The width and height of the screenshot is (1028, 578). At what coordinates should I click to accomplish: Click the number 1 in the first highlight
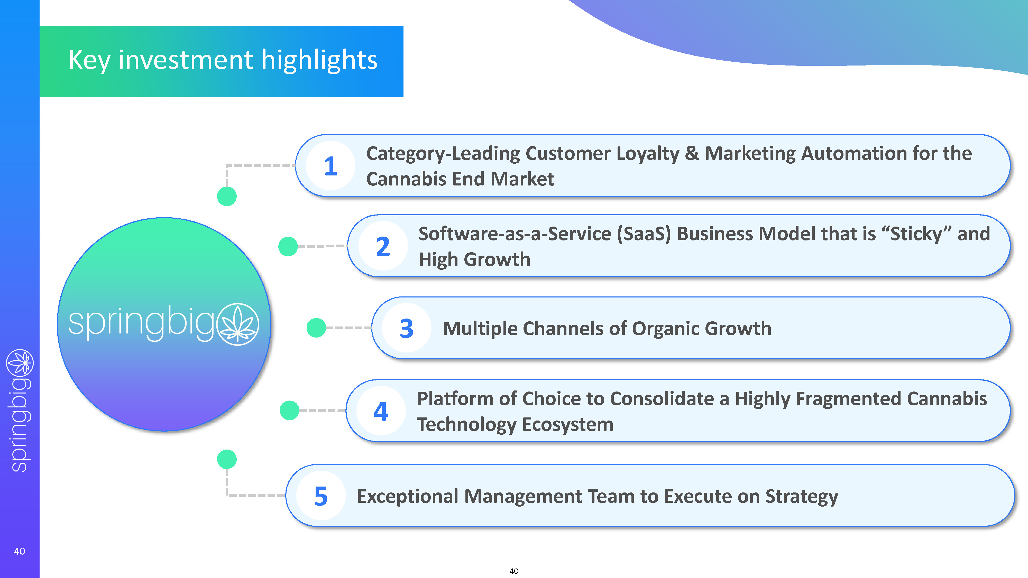click(x=331, y=166)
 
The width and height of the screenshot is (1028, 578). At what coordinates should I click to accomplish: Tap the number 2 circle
click(x=383, y=246)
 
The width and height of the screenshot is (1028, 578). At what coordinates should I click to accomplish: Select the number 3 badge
click(x=407, y=328)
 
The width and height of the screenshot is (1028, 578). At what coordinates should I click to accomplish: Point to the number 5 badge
click(x=321, y=496)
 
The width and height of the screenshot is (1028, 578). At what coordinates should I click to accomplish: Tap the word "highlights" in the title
click(x=319, y=60)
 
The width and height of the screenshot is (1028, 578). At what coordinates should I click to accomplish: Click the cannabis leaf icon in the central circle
click(x=238, y=324)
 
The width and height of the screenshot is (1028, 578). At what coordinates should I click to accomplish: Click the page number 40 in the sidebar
click(x=20, y=551)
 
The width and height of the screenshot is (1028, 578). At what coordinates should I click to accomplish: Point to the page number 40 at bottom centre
click(x=514, y=571)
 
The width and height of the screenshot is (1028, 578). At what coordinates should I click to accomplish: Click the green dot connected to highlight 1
click(x=227, y=196)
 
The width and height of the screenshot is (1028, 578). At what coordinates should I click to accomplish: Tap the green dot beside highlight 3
click(x=316, y=328)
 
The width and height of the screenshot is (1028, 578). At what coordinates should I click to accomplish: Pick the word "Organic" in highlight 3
click(x=665, y=329)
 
